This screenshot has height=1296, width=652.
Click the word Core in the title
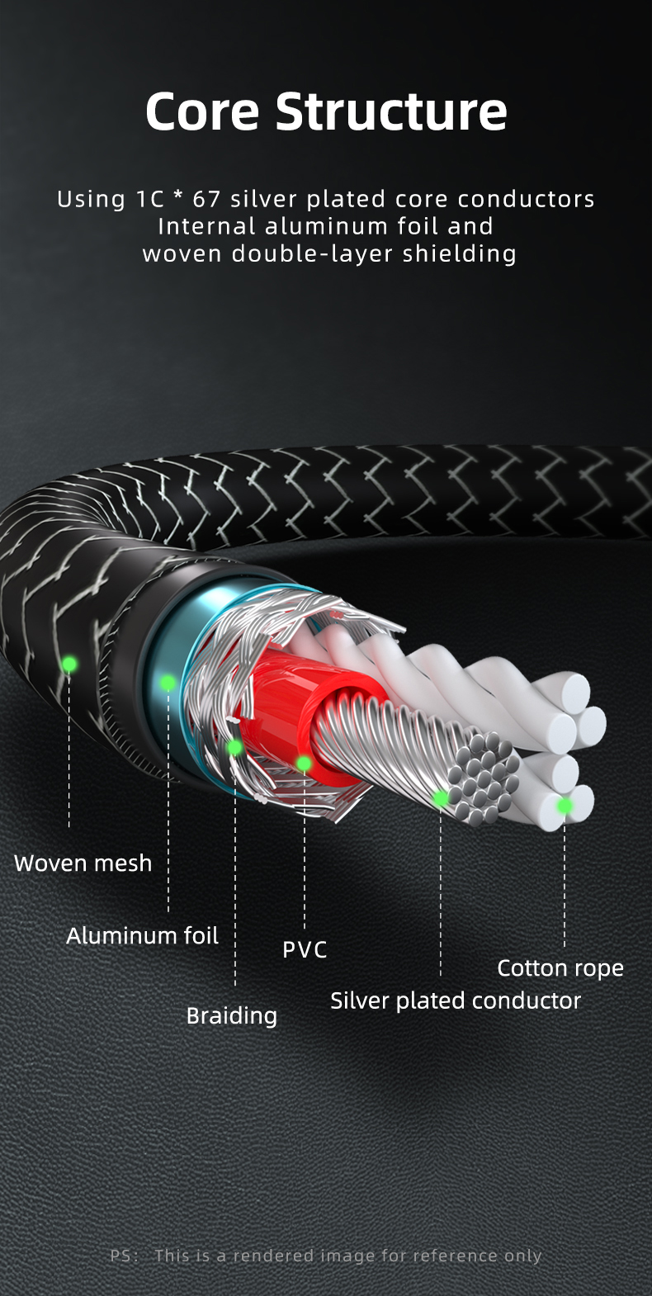click(202, 111)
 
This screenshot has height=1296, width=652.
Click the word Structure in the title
click(391, 111)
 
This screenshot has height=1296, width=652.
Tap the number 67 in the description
click(206, 199)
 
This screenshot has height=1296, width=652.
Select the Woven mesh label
click(83, 863)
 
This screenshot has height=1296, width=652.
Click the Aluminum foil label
click(142, 935)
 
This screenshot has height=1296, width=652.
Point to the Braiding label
click(231, 1016)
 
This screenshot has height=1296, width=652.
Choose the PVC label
click(305, 949)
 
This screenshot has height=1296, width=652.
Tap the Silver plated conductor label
click(456, 1001)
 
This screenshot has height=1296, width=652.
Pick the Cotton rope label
click(560, 968)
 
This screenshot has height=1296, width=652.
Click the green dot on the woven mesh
click(69, 665)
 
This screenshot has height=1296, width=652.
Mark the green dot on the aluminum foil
click(168, 683)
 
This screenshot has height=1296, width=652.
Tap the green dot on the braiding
click(234, 748)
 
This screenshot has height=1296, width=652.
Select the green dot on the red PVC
click(304, 764)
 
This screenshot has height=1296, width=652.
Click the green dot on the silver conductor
click(440, 798)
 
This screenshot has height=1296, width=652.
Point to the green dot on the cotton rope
click(565, 806)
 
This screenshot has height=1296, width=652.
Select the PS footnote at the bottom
click(326, 1256)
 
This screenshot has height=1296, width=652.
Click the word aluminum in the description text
click(326, 226)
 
